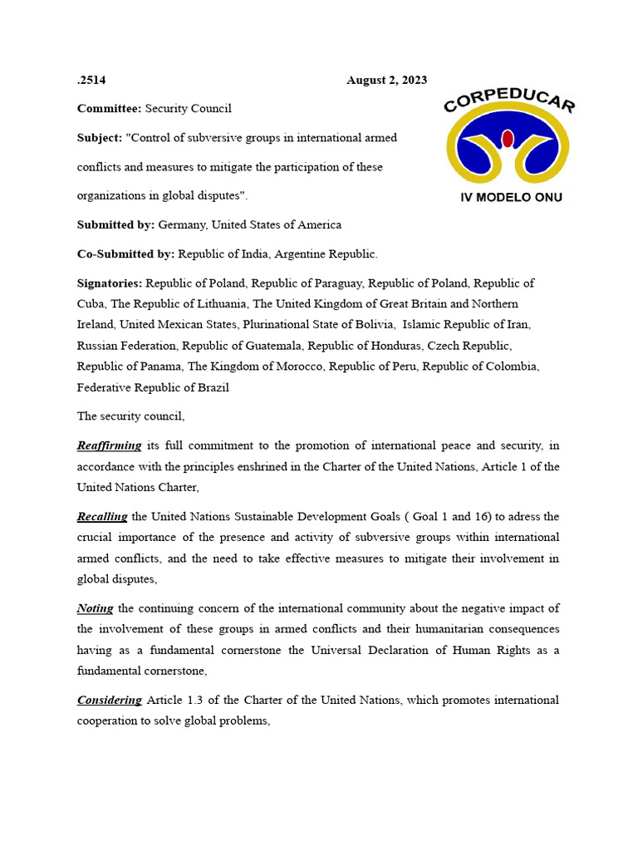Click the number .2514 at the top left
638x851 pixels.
[91, 81]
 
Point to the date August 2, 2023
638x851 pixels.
[386, 81]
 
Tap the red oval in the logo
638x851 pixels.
[508, 139]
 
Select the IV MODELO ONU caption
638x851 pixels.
[511, 198]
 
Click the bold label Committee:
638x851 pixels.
[110, 109]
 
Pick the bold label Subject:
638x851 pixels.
[99, 138]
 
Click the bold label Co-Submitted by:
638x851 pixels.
[125, 253]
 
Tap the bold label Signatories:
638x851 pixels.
[110, 283]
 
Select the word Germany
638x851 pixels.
[180, 224]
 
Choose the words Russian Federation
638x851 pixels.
[127, 346]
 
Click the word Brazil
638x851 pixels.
[212, 387]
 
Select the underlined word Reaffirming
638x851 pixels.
[109, 446]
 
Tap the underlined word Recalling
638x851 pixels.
[102, 517]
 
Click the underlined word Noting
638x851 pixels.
[95, 609]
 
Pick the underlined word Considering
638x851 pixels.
[110, 701]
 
